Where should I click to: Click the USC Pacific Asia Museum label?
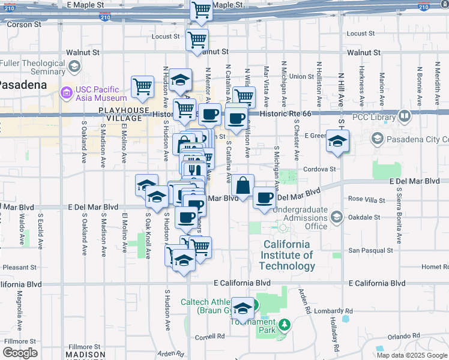(x=101, y=94)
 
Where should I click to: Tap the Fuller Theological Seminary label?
(x=32, y=67)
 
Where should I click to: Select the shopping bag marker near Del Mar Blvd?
(x=242, y=186)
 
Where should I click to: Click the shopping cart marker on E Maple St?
(x=202, y=9)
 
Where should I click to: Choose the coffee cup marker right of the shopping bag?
(x=264, y=199)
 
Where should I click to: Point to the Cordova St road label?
(x=319, y=169)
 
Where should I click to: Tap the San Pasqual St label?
(x=371, y=250)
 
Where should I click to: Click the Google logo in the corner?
(x=20, y=353)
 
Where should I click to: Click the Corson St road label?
(x=24, y=25)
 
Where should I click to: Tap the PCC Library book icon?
(x=405, y=116)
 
